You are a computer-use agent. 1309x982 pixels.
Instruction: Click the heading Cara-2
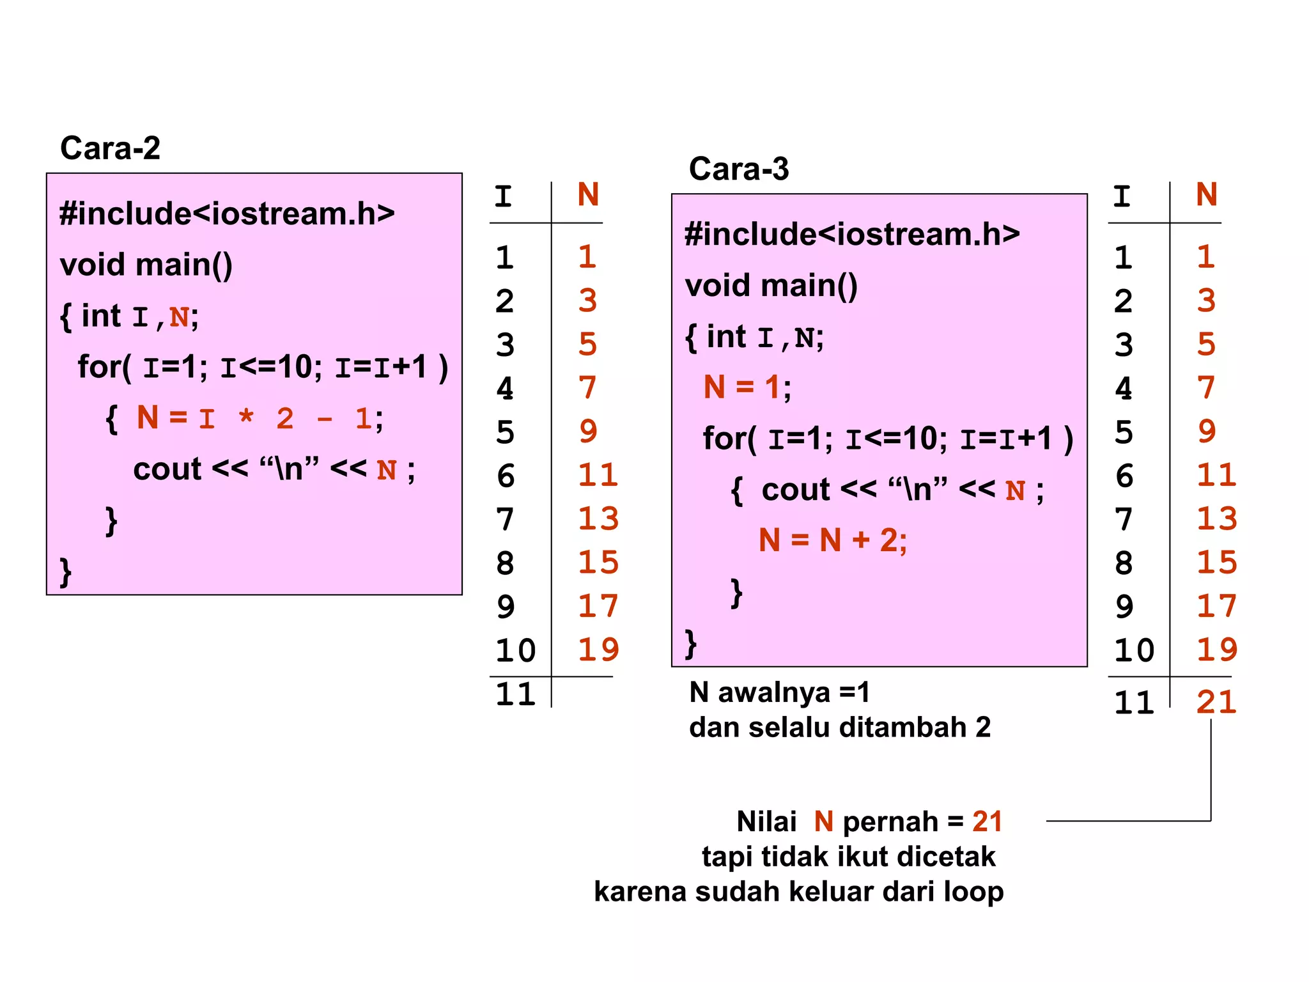click(110, 148)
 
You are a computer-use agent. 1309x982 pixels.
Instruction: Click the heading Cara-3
click(739, 169)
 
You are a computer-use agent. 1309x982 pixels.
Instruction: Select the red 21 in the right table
click(1216, 702)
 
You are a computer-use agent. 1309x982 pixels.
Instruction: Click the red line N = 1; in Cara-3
click(747, 387)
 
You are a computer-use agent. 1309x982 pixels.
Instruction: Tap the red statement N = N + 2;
click(832, 540)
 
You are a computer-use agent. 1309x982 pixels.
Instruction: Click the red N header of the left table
click(588, 194)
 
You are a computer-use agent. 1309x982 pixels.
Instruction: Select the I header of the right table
click(1122, 196)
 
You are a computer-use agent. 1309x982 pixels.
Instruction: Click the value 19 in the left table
click(598, 650)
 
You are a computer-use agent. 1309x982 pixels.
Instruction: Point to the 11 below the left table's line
click(515, 694)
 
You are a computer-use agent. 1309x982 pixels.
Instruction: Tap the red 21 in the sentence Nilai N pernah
click(987, 822)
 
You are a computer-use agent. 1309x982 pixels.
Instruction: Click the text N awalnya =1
click(779, 692)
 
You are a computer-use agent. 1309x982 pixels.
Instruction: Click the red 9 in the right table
click(1207, 432)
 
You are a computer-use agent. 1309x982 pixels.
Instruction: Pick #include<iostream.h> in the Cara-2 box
click(227, 214)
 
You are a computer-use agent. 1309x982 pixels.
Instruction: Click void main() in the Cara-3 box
click(771, 285)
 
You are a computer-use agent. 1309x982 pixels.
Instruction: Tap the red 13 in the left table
click(598, 519)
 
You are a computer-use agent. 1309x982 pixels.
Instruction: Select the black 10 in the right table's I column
click(1134, 650)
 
